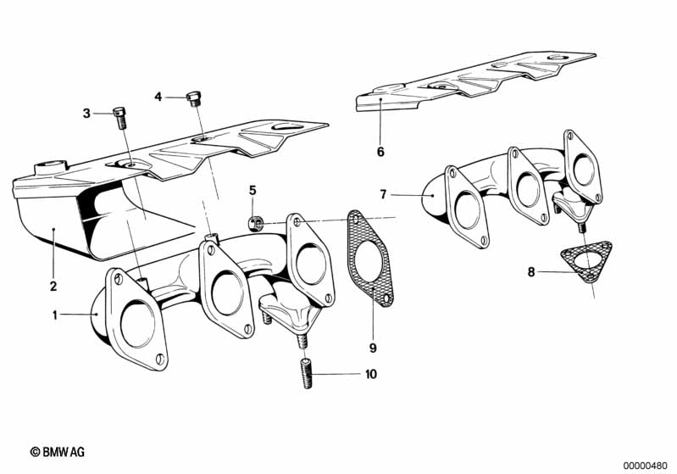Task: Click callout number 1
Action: pos(56,315)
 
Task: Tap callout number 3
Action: pos(86,113)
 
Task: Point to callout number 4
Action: pos(158,98)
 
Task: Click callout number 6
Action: pos(380,153)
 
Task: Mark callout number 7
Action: pos(383,194)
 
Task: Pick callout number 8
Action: pos(531,273)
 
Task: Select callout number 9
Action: pos(372,348)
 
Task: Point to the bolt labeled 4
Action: pos(194,100)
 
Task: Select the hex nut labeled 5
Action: pos(253,224)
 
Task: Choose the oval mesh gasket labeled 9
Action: pos(369,256)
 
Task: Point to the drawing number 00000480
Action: pos(646,465)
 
